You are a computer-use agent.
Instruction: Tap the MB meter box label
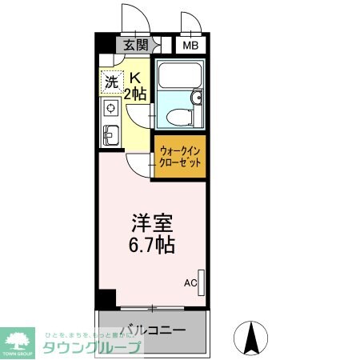[190, 46]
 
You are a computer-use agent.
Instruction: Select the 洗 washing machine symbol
[112, 81]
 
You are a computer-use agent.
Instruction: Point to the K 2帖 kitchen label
[137, 85]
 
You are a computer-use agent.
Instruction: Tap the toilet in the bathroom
[174, 117]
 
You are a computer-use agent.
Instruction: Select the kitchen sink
[110, 134]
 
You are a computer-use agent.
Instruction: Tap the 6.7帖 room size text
[153, 243]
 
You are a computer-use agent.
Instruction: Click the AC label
[190, 282]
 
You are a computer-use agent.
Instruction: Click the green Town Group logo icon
[19, 338]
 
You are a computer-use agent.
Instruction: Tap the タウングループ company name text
[91, 347]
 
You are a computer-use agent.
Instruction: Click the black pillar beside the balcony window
[105, 299]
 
